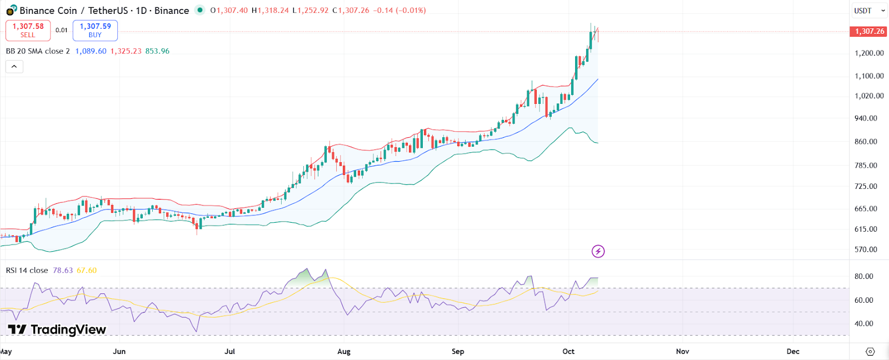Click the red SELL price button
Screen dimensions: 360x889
click(x=28, y=30)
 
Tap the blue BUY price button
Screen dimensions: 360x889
click(x=95, y=30)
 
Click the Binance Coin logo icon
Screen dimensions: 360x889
click(x=11, y=11)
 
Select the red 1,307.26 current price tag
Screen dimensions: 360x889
click(x=869, y=31)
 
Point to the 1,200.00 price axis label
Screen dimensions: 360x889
click(x=869, y=53)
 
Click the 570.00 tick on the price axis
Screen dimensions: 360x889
click(x=866, y=249)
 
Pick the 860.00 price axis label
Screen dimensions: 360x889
click(x=866, y=142)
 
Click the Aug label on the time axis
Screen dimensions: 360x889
click(x=344, y=351)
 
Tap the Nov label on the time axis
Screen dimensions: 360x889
click(x=682, y=351)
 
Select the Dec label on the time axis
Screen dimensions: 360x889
click(x=793, y=351)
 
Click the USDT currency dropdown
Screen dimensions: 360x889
click(x=869, y=11)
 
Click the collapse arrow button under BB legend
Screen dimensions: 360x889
click(x=14, y=67)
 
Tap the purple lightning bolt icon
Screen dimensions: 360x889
click(x=598, y=252)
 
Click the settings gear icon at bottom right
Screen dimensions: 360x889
click(x=870, y=352)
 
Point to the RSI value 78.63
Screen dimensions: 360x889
click(x=63, y=271)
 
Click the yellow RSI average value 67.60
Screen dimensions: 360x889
click(x=87, y=271)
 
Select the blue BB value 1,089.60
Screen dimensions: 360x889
click(x=91, y=51)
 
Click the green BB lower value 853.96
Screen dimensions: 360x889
click(x=157, y=51)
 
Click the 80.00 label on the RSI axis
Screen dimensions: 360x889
click(x=863, y=276)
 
